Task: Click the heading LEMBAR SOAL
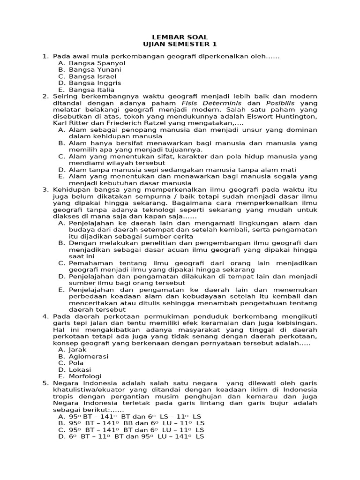[x=180, y=37]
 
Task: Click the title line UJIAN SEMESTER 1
[x=180, y=44]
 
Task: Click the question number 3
[x=45, y=189]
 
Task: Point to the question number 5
[x=45, y=383]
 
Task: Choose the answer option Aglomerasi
[x=88, y=356]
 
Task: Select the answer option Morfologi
[x=86, y=376]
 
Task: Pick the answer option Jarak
[x=78, y=350]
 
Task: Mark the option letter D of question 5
[x=61, y=436]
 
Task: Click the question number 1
[x=45, y=56]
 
